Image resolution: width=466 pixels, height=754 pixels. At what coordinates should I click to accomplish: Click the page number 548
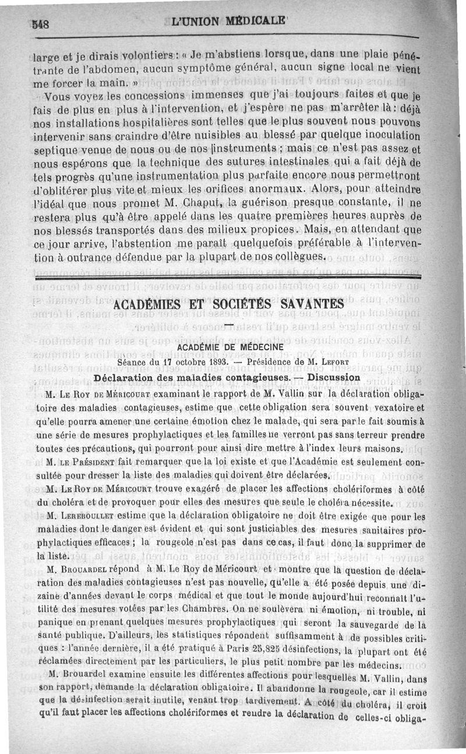(x=40, y=24)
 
